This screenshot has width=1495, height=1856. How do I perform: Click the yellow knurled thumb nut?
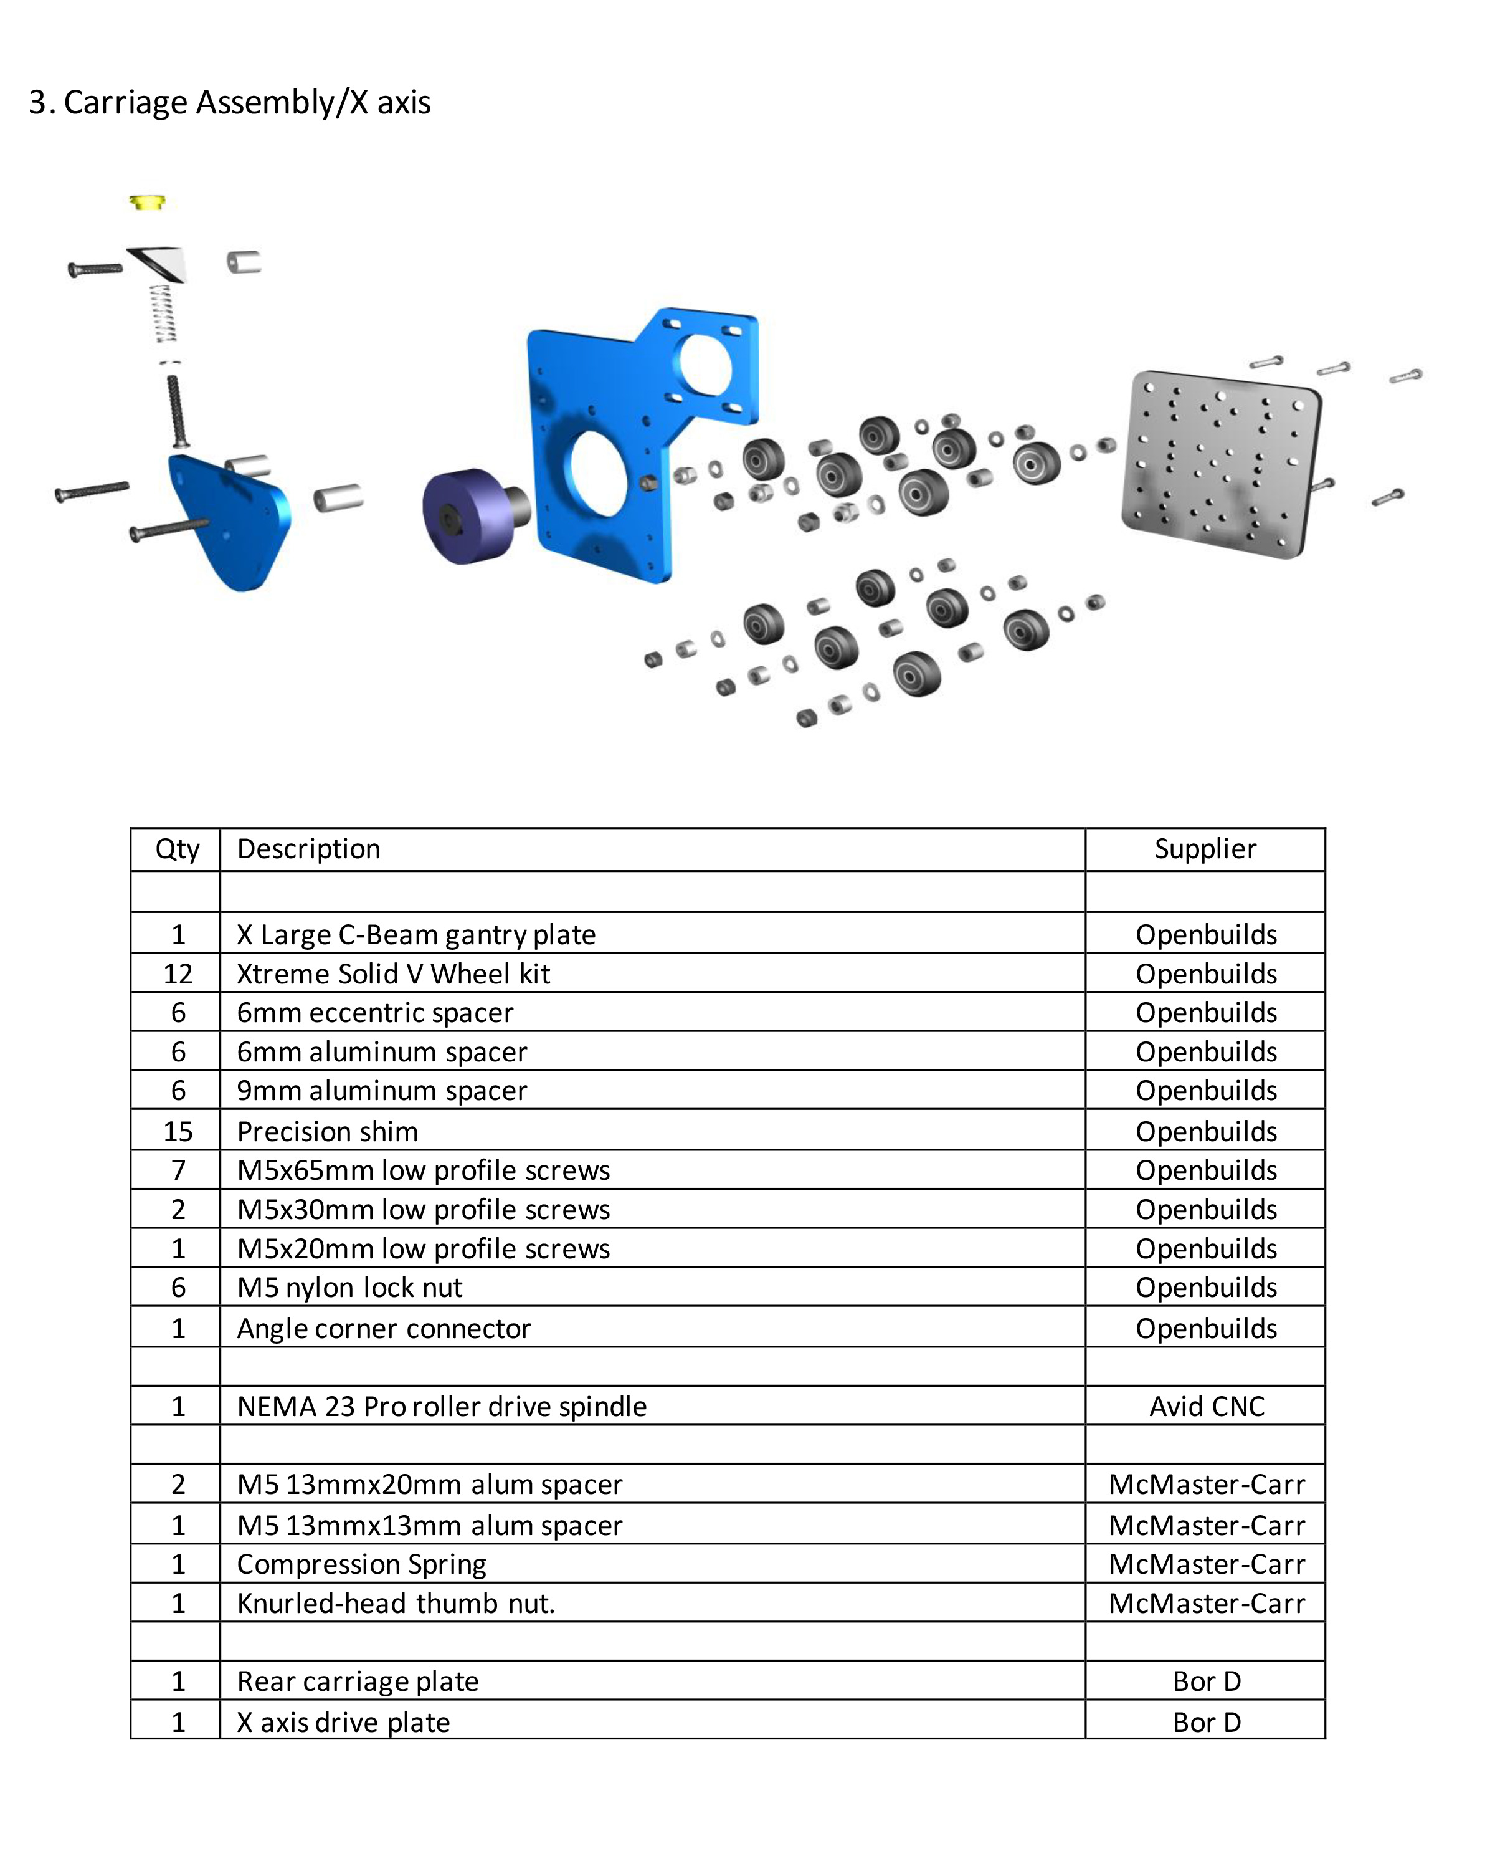(147, 203)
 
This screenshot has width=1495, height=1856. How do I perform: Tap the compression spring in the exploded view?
(164, 313)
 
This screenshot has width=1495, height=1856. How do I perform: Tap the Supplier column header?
(1205, 849)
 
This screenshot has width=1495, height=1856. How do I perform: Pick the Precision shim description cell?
(327, 1131)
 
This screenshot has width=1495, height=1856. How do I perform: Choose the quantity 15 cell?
(178, 1131)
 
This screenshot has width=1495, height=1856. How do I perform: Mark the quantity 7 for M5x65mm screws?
(178, 1170)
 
